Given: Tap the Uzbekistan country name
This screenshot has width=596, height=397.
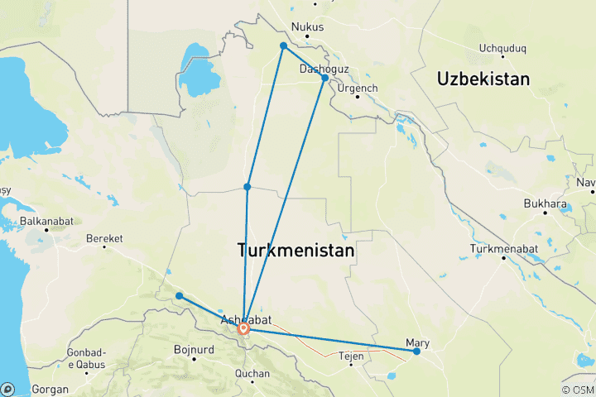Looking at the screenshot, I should point(483,79).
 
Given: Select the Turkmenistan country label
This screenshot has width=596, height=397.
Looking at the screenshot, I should point(296,250).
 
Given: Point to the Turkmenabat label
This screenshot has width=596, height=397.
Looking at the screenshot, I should point(503,249).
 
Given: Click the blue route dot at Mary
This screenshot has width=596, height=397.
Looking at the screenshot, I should point(416,352).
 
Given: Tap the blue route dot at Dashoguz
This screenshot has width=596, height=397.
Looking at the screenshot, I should point(325,78).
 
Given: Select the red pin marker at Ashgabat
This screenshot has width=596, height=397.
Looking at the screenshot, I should point(244,328).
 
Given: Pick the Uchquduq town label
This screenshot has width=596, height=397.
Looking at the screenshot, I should point(502,49).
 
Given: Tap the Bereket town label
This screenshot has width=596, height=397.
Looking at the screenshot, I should point(104,238).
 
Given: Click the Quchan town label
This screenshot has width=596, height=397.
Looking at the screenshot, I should point(252,372).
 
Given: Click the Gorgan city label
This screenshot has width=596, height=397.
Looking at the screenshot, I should point(48,388).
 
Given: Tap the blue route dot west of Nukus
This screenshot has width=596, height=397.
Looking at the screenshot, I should point(283,45).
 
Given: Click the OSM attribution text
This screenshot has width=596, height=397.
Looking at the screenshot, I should point(579,390).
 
